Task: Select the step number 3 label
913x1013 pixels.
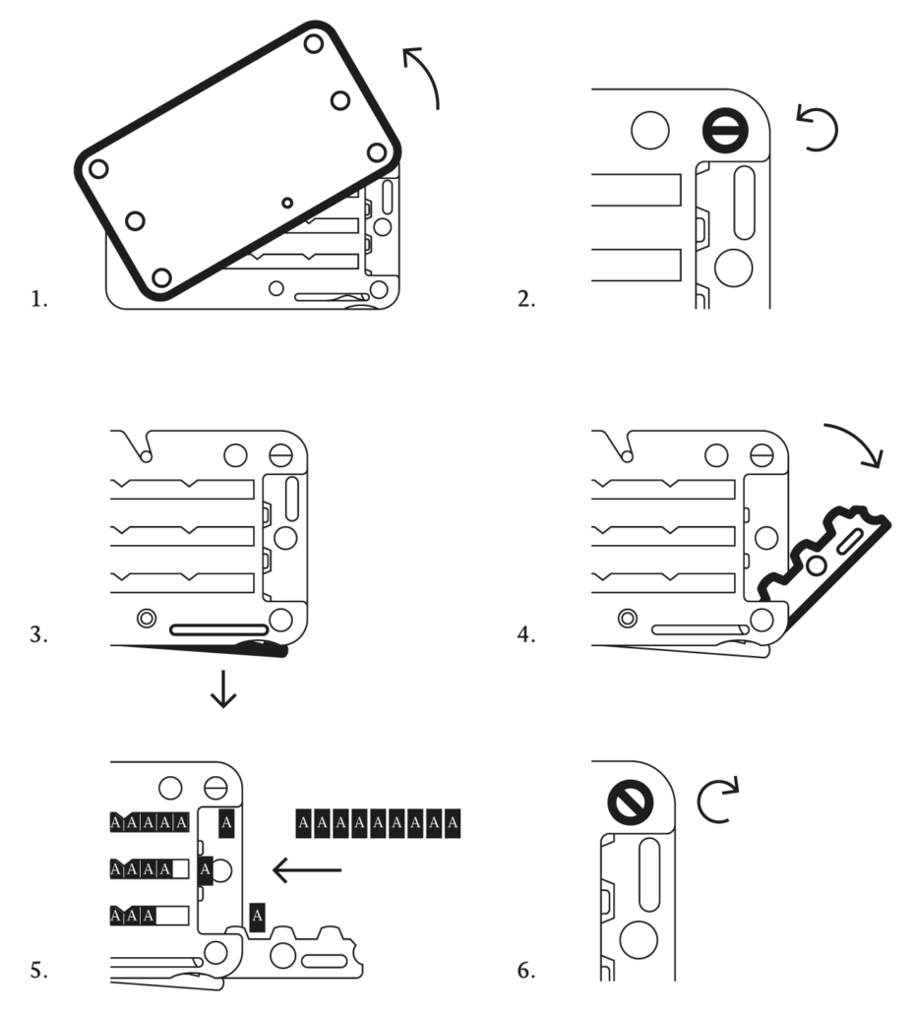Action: point(38,635)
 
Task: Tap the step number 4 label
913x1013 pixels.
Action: point(526,635)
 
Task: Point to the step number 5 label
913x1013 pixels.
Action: point(38,971)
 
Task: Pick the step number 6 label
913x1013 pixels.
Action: point(526,971)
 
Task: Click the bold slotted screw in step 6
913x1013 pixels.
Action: point(627,803)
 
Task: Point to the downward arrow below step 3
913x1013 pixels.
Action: point(224,690)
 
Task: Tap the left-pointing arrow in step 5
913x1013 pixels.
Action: point(308,869)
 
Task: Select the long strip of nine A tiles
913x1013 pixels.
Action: point(378,822)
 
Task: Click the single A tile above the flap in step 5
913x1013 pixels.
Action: point(257,918)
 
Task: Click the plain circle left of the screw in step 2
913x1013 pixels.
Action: point(649,130)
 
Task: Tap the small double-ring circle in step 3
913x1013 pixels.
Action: point(147,619)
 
